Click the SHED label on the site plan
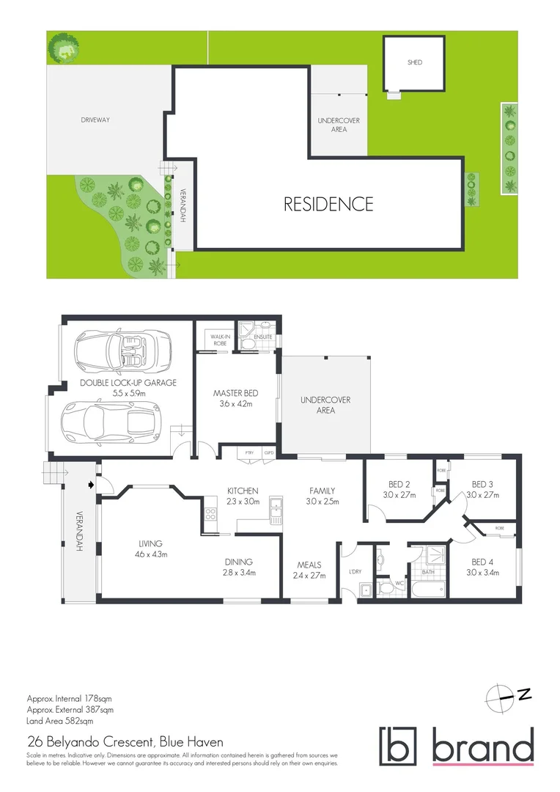415,63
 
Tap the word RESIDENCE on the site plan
328,204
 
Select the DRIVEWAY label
95,120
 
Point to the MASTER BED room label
236,393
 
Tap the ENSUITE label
263,337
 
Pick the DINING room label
240,562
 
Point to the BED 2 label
399,484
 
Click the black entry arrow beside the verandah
91,484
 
